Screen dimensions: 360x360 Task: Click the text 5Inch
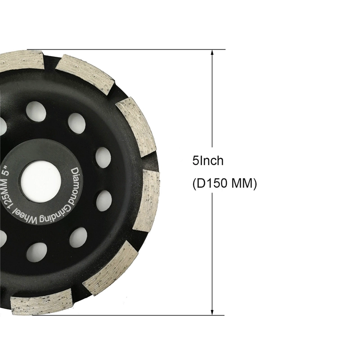click(x=207, y=161)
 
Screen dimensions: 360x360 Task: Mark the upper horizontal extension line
click(x=135, y=49)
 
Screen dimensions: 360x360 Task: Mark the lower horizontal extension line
click(x=135, y=315)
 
